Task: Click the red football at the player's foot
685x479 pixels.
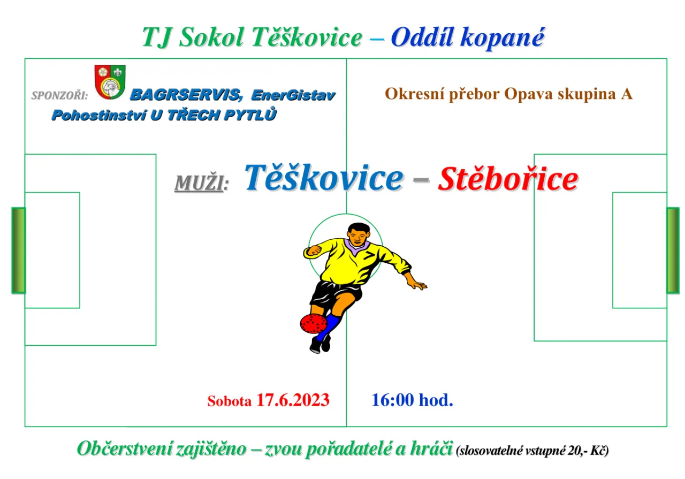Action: pos(313,323)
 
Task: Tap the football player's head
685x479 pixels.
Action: pos(359,233)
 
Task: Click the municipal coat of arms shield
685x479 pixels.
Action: pos(110,82)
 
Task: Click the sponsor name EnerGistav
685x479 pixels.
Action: pos(293,95)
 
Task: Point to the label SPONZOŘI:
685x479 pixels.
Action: pos(59,95)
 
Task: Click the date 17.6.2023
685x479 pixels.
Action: pos(293,400)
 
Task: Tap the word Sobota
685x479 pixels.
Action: pos(230,401)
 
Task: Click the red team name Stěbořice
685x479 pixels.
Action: pos(508,179)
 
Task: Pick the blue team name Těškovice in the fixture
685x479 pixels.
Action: pos(324,177)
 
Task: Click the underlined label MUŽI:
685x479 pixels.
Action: pos(202,183)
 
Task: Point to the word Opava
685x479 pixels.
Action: pos(529,94)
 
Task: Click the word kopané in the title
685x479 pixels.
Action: pos(503,38)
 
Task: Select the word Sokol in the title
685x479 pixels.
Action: pos(211,37)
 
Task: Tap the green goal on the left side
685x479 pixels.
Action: pos(19,250)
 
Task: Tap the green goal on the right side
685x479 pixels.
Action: pos(673,250)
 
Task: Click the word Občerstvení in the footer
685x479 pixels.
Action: pos(125,448)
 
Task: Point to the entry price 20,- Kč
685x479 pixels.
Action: pos(588,451)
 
